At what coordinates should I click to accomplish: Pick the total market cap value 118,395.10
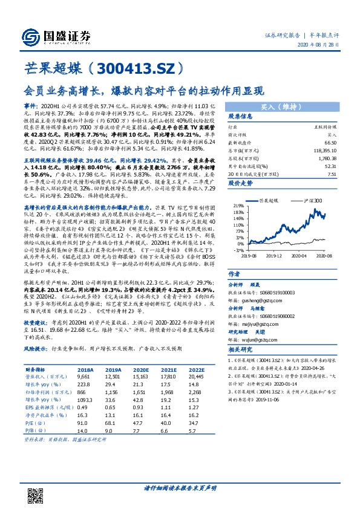[x=325, y=149]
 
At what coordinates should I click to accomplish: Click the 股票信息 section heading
[x=223, y=116]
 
